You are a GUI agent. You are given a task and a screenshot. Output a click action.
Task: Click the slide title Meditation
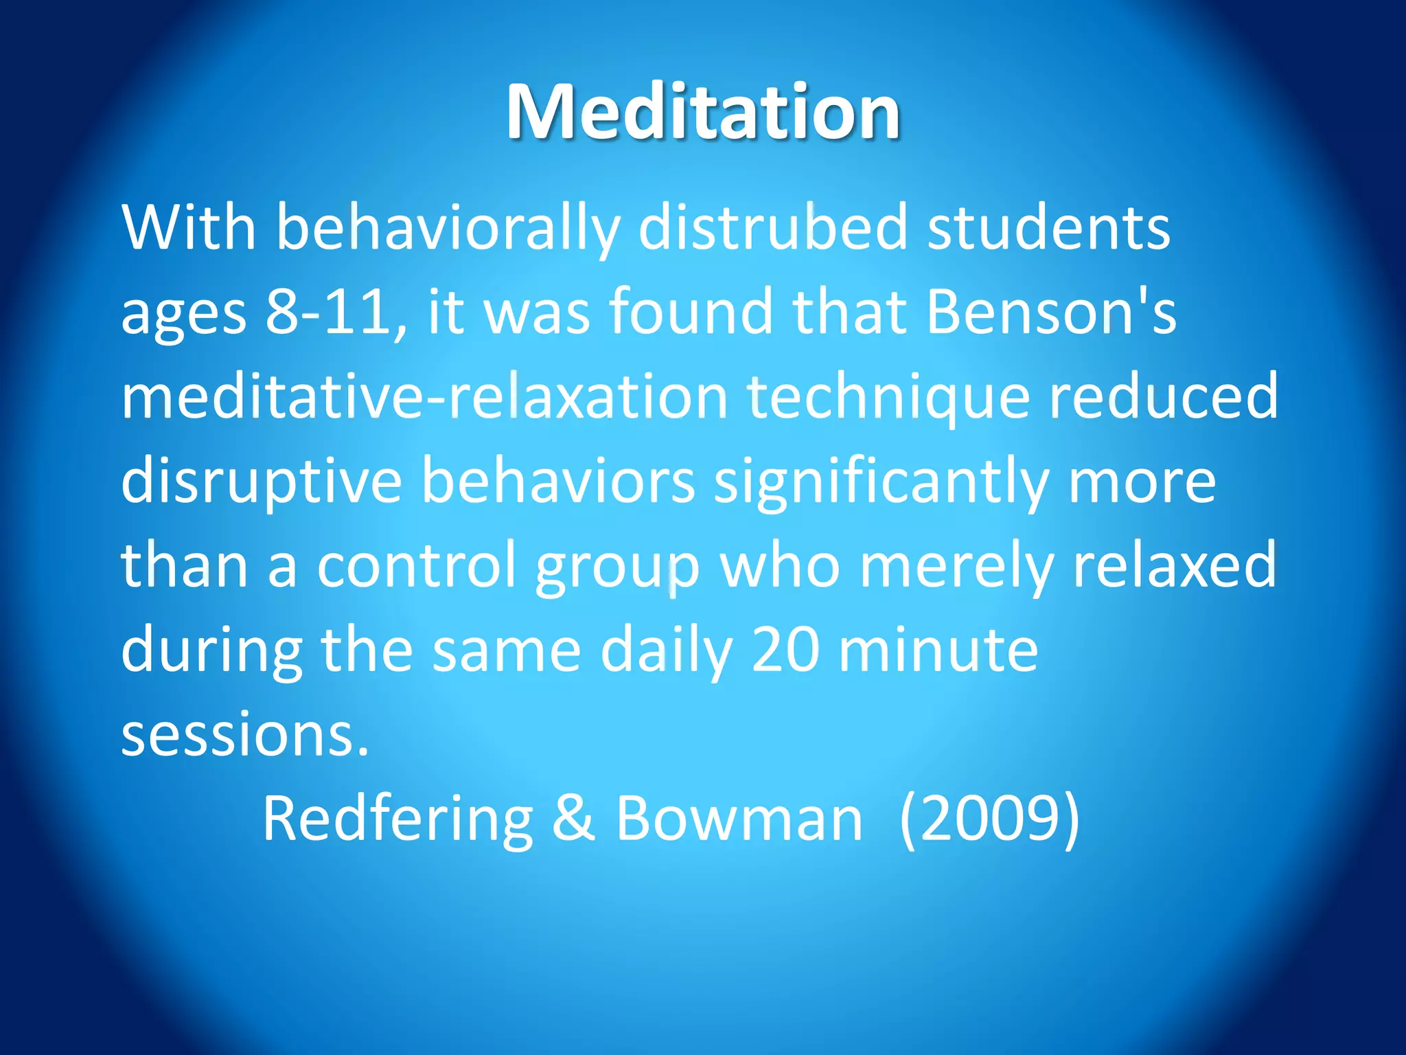tap(703, 112)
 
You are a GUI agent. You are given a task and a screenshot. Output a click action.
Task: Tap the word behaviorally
tap(448, 229)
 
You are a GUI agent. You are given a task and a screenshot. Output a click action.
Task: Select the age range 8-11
tap(329, 313)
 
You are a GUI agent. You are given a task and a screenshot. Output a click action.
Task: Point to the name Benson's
tap(1051, 313)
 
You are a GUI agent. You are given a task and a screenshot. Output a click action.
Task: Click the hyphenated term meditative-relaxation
tap(424, 397)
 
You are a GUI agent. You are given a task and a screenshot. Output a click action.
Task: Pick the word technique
tap(888, 398)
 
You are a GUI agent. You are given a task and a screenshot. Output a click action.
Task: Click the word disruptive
tap(261, 482)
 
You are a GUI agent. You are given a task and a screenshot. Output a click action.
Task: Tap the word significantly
tap(881, 482)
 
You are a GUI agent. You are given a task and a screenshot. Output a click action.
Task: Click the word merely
tap(956, 567)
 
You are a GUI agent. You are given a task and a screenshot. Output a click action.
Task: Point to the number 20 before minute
tap(785, 650)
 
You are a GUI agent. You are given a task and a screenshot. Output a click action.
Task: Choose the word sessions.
tap(245, 735)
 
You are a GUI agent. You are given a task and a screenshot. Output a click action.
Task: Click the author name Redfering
tap(398, 819)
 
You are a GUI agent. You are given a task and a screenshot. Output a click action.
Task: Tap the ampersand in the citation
tap(573, 819)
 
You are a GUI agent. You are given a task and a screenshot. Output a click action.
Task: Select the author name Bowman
tap(739, 819)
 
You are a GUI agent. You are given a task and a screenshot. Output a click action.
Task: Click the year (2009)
tap(989, 819)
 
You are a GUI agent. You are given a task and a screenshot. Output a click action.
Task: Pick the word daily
tap(667, 650)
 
